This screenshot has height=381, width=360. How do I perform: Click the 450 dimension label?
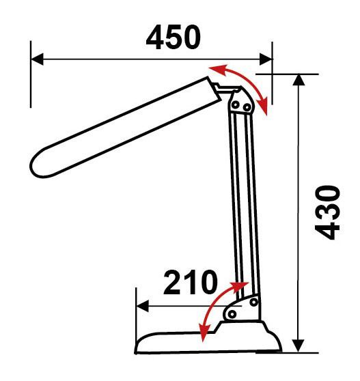tap(174, 37)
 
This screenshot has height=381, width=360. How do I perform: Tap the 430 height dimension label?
tap(327, 212)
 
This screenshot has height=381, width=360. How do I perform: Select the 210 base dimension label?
tap(191, 282)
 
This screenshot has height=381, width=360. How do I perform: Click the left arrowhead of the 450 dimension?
tap(38, 59)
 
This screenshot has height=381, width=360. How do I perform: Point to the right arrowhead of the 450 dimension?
tap(266, 59)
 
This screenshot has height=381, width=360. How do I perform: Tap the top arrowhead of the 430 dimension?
tap(299, 80)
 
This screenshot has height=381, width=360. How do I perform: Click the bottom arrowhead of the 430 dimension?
tap(299, 345)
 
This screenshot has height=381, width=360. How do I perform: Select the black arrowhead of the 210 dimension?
tap(143, 306)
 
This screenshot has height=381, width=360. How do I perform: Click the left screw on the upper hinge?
tap(235, 105)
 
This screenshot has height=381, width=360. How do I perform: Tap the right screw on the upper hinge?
tap(247, 107)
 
